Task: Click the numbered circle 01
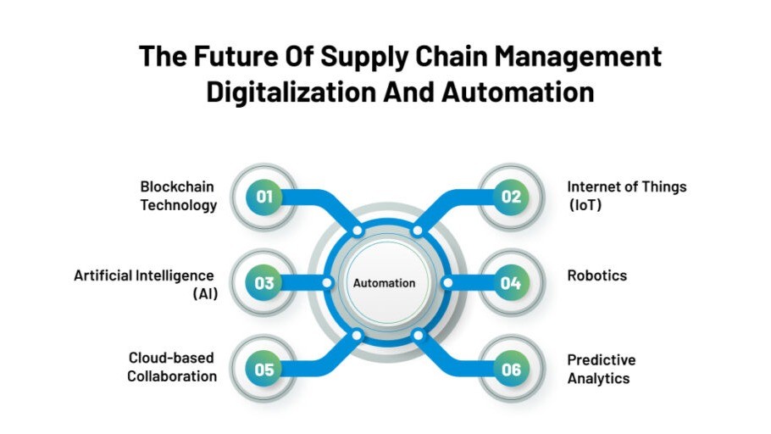pos(264,197)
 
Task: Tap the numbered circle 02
pos(510,197)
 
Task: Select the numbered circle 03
pos(264,283)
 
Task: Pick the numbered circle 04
pos(510,283)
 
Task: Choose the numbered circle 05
pos(264,370)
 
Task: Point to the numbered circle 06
pos(510,370)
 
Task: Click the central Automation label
pos(385,283)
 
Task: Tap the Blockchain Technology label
pos(179,196)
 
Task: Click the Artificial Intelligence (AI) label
pos(145,284)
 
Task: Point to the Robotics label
pos(597,275)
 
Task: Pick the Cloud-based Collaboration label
pos(173,367)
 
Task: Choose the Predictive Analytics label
pos(601,370)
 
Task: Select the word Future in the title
pos(236,58)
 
